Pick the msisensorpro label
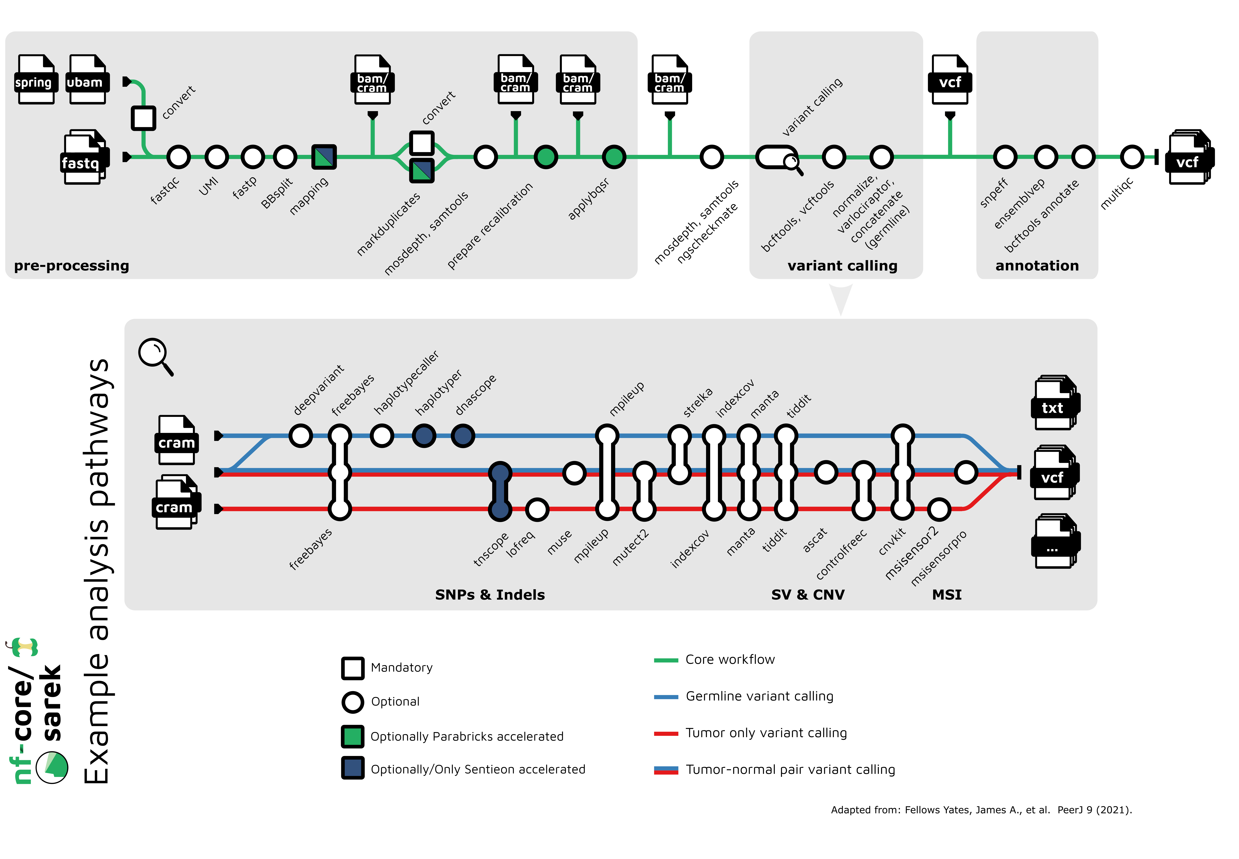(938, 558)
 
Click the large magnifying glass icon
(155, 355)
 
